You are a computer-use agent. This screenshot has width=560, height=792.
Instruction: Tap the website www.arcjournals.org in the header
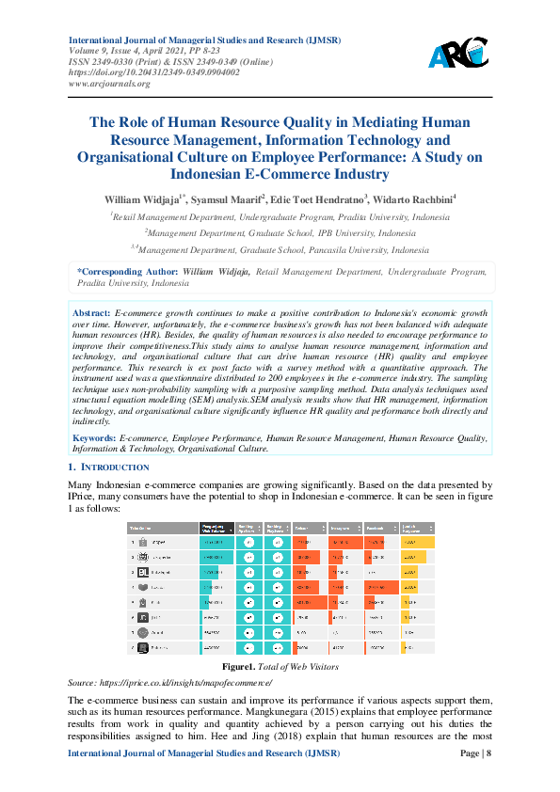click(109, 83)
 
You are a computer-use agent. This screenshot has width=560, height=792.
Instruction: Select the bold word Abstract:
click(91, 310)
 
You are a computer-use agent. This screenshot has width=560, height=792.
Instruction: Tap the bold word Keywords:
click(94, 437)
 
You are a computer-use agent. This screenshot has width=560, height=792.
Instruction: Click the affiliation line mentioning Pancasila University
click(280, 250)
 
